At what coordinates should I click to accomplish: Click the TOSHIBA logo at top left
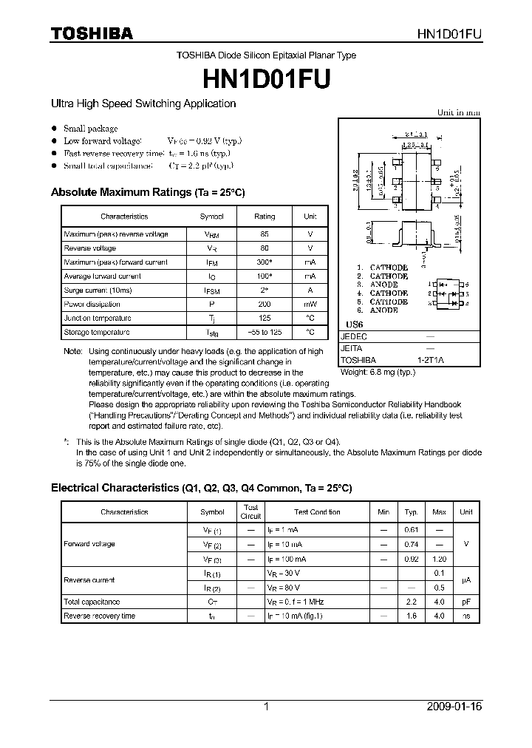click(x=92, y=33)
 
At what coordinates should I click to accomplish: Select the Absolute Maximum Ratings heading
click(x=147, y=192)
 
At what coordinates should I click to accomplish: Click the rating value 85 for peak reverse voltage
click(x=265, y=234)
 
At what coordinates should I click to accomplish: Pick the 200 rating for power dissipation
click(x=265, y=305)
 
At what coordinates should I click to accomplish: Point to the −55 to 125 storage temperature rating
click(x=265, y=333)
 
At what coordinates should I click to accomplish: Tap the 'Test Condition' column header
click(x=317, y=511)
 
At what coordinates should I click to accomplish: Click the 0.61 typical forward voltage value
click(x=412, y=530)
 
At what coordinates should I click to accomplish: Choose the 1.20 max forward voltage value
click(x=439, y=559)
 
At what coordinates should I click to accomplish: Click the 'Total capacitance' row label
click(x=92, y=602)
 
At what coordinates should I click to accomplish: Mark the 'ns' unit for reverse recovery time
click(x=466, y=616)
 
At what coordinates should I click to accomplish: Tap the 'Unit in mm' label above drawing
click(x=458, y=112)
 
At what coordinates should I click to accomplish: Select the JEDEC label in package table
click(x=354, y=336)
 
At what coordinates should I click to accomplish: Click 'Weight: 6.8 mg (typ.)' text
click(x=378, y=372)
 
